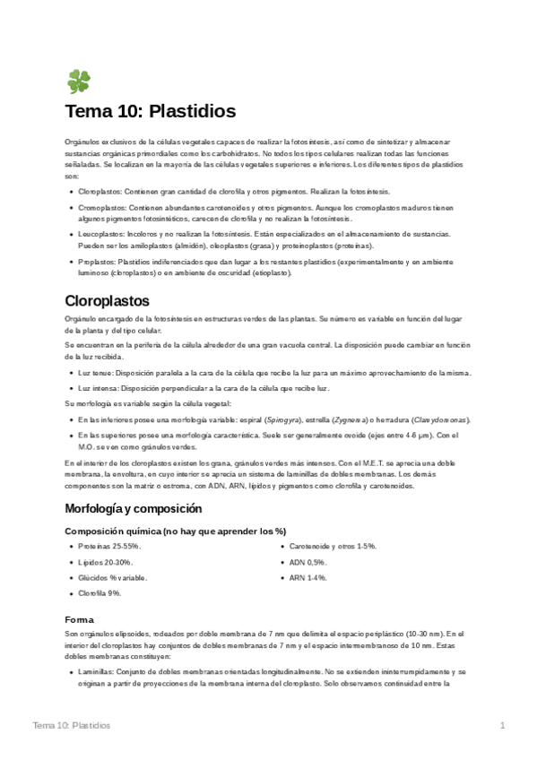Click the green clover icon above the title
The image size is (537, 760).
coord(78,82)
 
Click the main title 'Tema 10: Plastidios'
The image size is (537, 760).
coord(150,112)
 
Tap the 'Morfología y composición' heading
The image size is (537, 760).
coord(140,508)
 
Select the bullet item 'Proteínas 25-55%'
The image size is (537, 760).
coord(109,546)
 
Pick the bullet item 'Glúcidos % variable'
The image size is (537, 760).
coord(112,578)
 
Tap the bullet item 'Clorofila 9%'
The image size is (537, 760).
coord(100,593)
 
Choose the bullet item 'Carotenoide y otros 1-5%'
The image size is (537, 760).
coord(332,546)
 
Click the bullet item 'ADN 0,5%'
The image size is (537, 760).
coord(307,562)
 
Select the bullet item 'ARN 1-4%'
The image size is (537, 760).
coord(307,578)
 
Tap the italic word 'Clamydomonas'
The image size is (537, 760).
coord(439,419)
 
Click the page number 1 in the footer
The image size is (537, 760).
coord(502,724)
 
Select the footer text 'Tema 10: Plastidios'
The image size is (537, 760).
coord(71,724)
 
